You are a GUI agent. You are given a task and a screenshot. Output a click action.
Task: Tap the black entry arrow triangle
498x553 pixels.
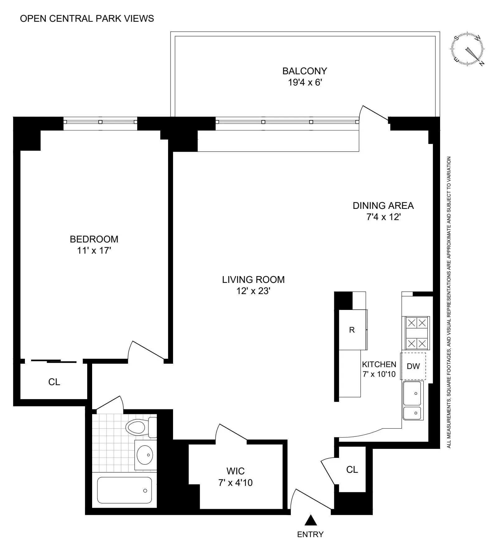tap(310, 520)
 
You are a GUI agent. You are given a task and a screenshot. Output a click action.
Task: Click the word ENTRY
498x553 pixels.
tap(310, 534)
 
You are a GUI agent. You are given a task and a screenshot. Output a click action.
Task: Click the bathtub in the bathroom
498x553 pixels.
tap(125, 490)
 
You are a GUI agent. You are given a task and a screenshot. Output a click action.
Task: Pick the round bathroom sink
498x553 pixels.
tap(145, 455)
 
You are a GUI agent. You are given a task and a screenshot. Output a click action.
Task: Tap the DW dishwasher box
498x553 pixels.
tap(413, 366)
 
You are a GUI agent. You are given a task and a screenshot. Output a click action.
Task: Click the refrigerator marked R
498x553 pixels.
tap(352, 330)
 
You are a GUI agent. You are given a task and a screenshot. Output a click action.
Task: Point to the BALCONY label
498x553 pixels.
tap(304, 71)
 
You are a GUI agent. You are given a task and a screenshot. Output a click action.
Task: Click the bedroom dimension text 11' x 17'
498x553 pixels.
tap(94, 250)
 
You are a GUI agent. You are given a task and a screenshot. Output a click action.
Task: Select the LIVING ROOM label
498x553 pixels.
tap(253, 279)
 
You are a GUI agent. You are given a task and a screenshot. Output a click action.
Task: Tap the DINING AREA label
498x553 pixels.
tap(383, 205)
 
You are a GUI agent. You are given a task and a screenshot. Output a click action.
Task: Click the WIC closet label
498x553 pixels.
tap(235, 471)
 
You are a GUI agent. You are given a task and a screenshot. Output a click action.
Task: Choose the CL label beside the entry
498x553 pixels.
tap(352, 469)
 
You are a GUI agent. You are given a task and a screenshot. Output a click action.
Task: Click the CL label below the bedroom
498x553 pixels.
tap(54, 382)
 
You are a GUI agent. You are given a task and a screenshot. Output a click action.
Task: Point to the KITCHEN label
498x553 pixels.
tap(379, 364)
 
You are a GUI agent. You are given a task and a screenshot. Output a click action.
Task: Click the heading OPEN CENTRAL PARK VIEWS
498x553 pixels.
tap(87, 19)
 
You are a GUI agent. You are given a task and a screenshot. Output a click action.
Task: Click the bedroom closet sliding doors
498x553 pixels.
tap(54, 361)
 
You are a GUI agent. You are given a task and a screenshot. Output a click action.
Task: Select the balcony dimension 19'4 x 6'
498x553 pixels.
tap(304, 82)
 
